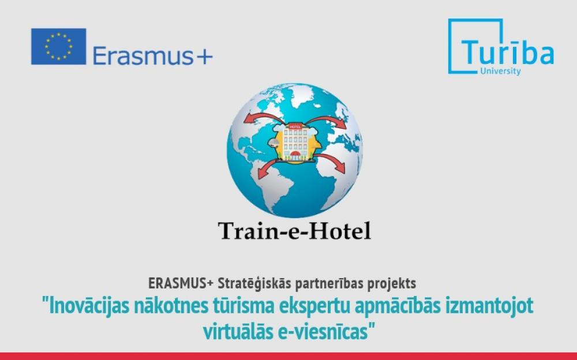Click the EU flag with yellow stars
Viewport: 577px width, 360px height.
58,46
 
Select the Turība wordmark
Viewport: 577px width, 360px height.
507,54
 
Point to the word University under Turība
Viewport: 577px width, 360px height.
500,71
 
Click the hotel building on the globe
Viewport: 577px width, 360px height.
294,141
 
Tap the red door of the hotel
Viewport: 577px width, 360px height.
295,154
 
